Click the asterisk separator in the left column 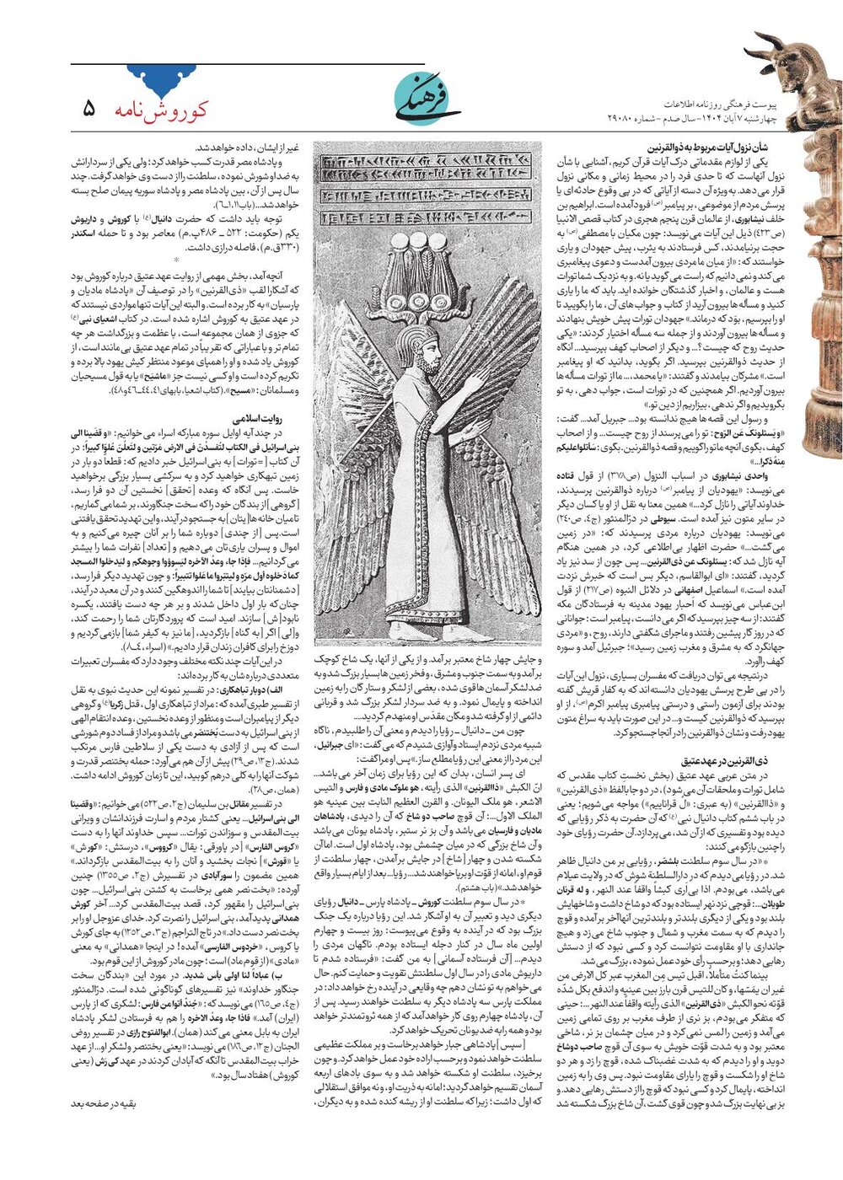tap(176, 260)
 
